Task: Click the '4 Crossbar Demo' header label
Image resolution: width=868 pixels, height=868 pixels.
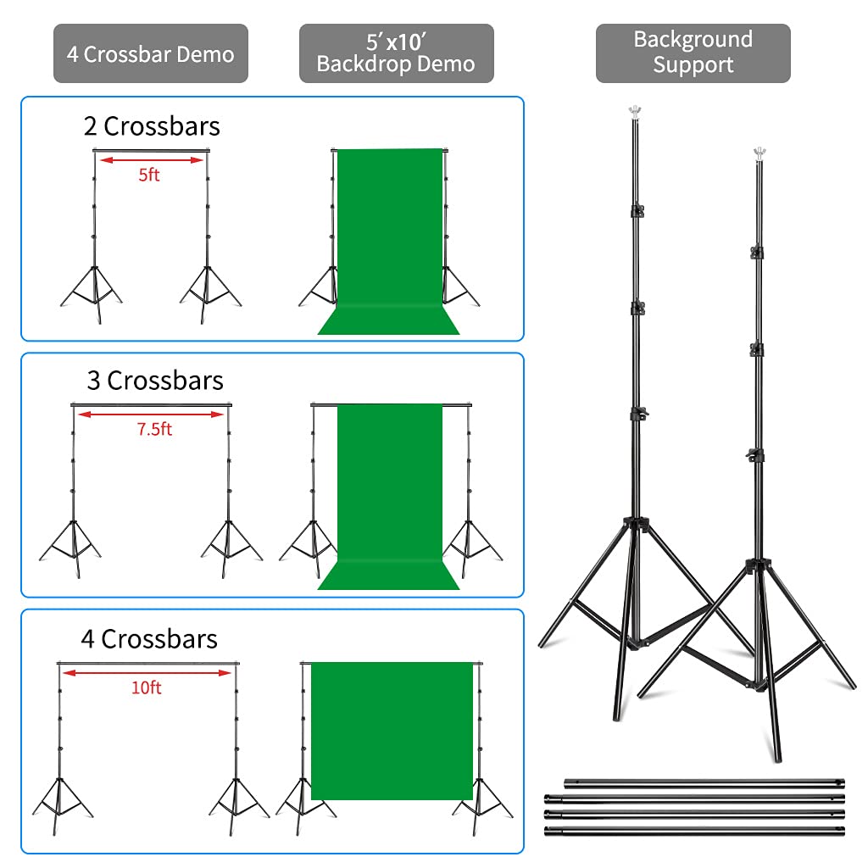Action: point(151,54)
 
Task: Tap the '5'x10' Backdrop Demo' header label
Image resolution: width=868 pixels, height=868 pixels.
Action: point(396,53)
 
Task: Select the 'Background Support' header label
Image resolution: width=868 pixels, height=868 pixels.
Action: point(693,53)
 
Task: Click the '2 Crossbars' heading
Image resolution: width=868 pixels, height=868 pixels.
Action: point(152,126)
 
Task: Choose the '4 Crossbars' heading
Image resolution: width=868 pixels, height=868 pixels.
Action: point(149,639)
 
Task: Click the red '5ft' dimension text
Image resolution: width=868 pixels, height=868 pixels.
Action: point(148,175)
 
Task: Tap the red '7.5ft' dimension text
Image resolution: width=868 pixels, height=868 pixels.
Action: point(154,430)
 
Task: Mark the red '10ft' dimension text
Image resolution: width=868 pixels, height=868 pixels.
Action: point(146,687)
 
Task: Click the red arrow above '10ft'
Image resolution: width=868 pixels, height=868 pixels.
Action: point(146,673)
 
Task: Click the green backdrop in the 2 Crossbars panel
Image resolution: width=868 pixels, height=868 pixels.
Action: point(390,237)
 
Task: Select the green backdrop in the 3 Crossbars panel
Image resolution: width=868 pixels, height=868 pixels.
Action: point(390,492)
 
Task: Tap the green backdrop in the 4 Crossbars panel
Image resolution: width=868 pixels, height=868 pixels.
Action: point(392,729)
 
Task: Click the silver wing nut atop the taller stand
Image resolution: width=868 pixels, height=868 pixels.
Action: point(632,111)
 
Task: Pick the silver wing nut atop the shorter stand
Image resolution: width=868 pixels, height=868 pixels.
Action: point(759,154)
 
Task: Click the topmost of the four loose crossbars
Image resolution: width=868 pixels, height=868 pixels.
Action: point(704,783)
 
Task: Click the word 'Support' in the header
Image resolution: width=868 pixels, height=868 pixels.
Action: point(693,65)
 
